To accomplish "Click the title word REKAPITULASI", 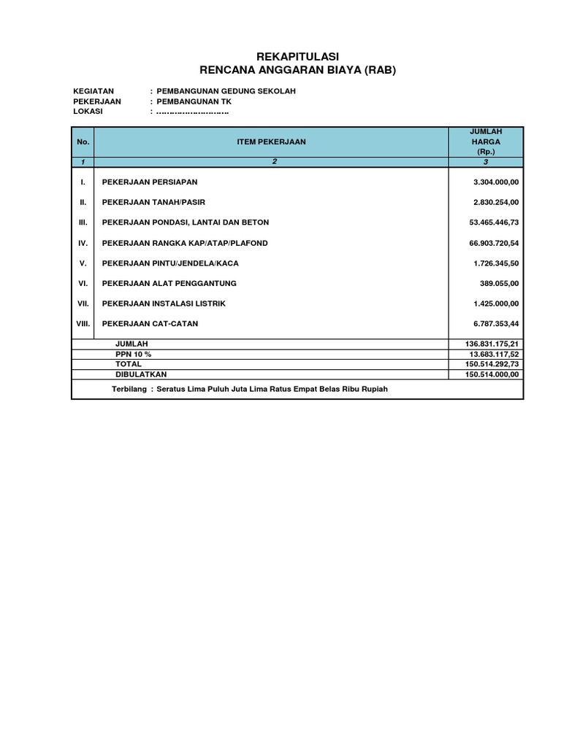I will point(297,57).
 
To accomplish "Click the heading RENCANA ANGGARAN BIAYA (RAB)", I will point(297,70).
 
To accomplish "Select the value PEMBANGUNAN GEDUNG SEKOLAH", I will point(226,91).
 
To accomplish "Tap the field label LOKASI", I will point(88,112).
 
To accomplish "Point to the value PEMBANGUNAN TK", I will point(194,101).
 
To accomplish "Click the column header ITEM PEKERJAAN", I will point(271,142).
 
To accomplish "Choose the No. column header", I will point(83,142).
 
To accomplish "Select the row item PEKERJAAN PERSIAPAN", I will point(150,182).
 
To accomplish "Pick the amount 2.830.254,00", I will point(495,202).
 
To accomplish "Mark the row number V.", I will point(83,263).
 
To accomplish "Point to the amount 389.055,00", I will point(498,283).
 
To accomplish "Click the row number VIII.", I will point(83,323).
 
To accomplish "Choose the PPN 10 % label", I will point(133,354).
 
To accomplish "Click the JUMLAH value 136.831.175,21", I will point(491,344).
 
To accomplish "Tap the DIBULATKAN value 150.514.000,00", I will point(491,374).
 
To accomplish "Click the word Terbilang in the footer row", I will point(129,390).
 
